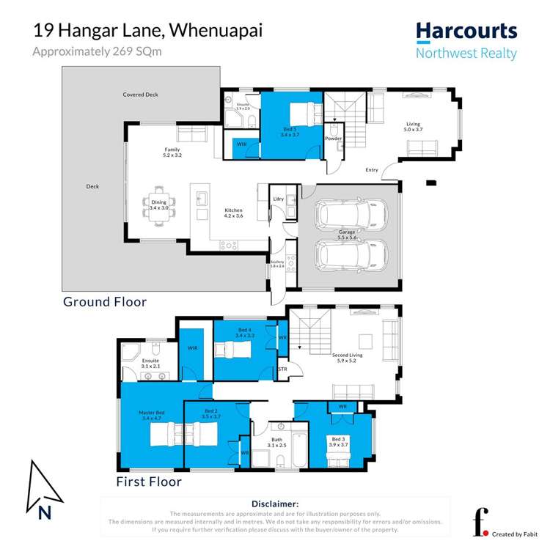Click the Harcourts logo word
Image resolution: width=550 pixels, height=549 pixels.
466,32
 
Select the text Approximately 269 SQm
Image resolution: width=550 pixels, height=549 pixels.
97,51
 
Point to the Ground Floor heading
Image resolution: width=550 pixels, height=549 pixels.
104,301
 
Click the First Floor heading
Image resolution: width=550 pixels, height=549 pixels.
148,482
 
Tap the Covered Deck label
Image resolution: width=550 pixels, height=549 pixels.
140,95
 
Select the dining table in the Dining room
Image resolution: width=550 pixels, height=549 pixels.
159,205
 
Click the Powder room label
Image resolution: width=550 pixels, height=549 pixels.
333,138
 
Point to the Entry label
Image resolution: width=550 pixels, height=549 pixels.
372,170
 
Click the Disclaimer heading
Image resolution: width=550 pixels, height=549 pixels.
275,504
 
